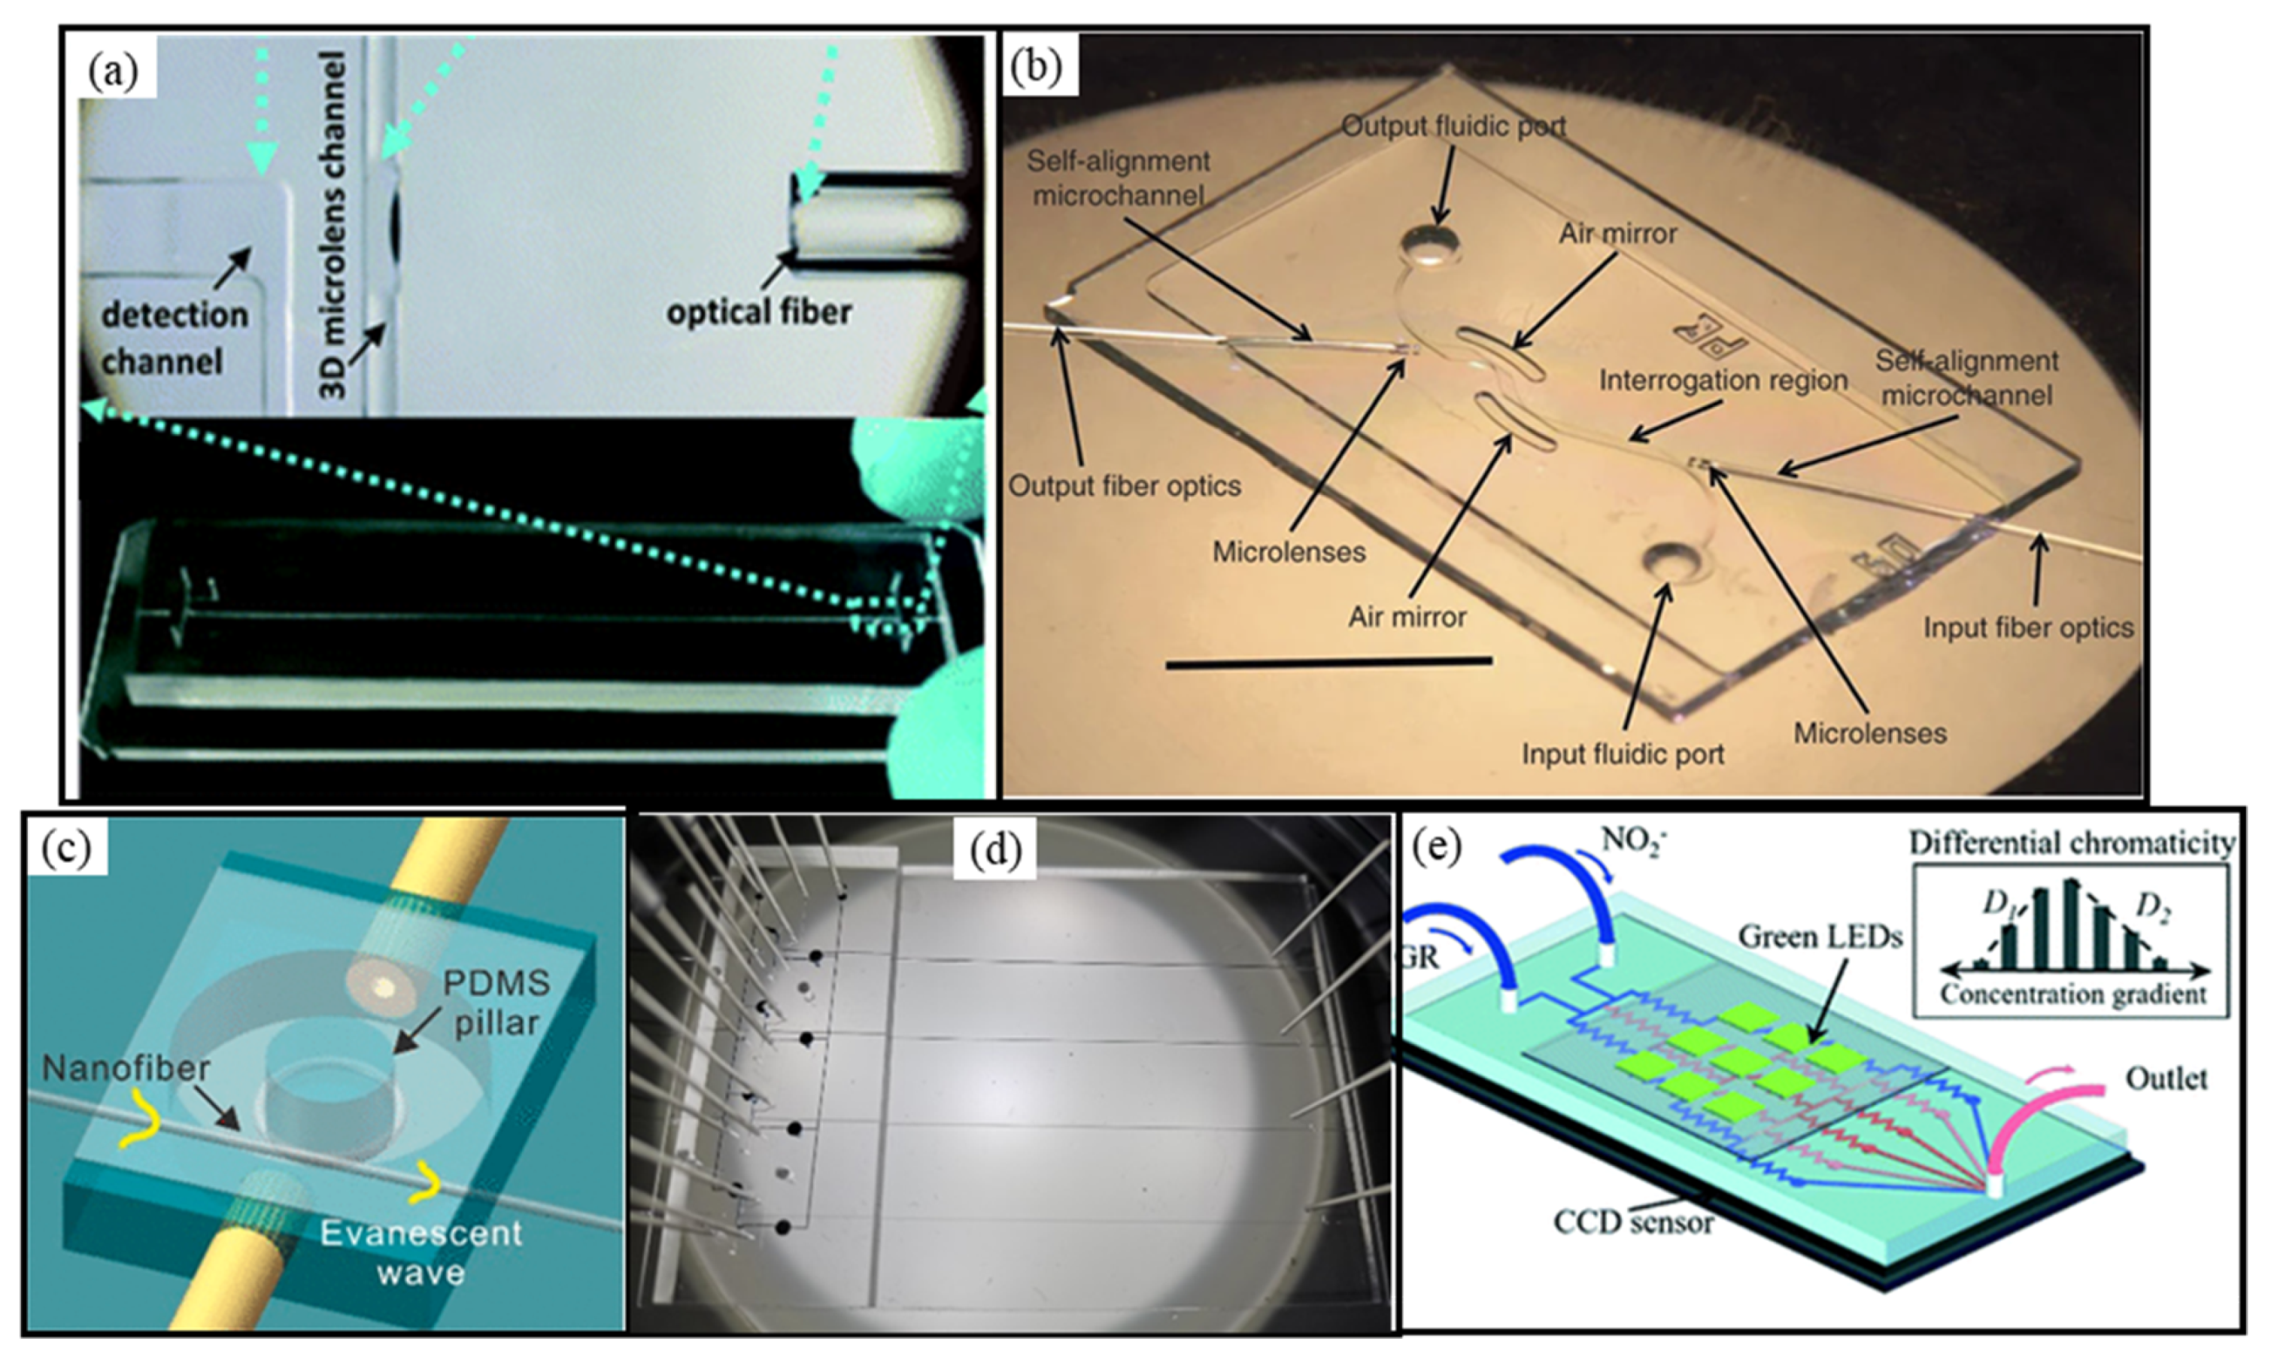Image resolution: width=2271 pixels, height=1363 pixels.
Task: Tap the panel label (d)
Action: coord(995,851)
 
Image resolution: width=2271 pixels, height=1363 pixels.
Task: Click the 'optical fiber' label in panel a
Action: coord(758,312)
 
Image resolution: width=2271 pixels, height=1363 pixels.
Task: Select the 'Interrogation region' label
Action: coord(1723,381)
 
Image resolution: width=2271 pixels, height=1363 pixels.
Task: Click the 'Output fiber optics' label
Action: coord(1125,486)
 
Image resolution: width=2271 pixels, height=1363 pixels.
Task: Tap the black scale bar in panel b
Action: coord(1328,660)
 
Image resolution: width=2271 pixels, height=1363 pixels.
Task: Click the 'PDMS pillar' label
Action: coord(495,1002)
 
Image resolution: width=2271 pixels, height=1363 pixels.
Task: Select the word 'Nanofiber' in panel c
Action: coord(126,1068)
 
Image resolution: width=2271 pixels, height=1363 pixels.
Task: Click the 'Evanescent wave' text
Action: coord(420,1252)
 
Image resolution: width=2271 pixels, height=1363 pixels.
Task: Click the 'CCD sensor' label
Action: coord(1633,1222)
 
